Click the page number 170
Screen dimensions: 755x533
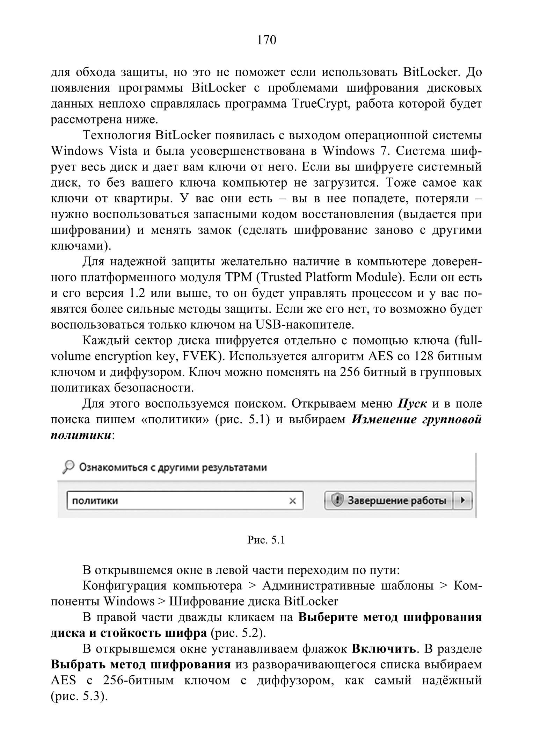(x=266, y=40)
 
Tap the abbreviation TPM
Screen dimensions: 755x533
(x=239, y=277)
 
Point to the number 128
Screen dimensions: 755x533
(x=424, y=356)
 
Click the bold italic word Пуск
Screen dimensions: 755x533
(x=412, y=403)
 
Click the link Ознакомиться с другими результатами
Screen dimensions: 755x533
(x=173, y=468)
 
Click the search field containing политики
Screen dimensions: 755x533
(x=175, y=501)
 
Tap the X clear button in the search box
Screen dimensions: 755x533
(x=293, y=501)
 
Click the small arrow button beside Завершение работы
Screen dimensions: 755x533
(x=463, y=501)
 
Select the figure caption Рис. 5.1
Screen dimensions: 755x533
(x=266, y=540)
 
